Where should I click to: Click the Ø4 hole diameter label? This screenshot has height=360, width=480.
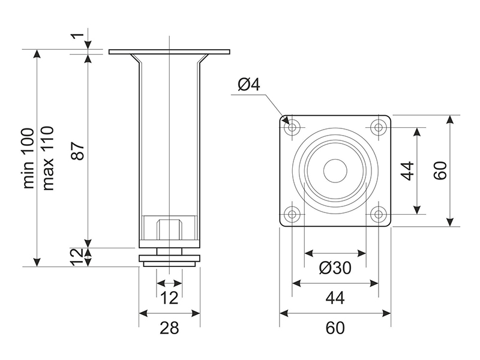coord(248,85)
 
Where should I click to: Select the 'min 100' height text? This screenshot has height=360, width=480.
coord(28,158)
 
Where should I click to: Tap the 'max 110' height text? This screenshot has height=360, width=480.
coord(48,158)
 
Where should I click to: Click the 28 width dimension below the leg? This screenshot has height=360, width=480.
coord(170,328)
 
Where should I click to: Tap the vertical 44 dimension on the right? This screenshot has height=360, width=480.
coord(407,170)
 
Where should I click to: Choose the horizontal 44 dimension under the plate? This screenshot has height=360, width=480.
coord(335,297)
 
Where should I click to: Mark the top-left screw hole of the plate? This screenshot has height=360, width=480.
coord(293,128)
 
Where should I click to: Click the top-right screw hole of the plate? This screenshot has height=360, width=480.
coord(378,128)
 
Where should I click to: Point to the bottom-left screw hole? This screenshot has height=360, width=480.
coord(293,214)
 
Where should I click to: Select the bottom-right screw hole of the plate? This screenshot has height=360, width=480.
coord(378,214)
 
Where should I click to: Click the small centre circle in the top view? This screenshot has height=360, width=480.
coord(335,170)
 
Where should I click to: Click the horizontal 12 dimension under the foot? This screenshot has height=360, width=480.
coord(169,296)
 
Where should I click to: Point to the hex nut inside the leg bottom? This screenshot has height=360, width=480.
coord(169,230)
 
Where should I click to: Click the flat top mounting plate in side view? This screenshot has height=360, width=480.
coord(169,52)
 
